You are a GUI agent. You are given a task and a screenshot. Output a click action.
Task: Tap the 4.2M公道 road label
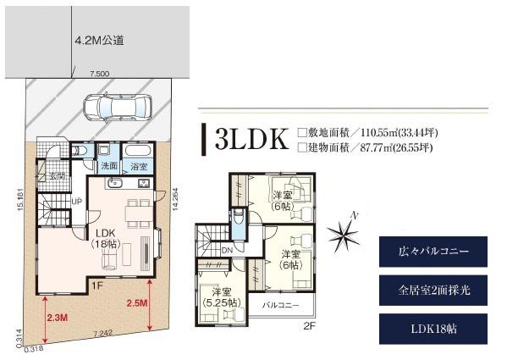pyautogui.click(x=100, y=40)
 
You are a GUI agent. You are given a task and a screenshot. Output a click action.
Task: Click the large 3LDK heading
pyautogui.click(x=251, y=140)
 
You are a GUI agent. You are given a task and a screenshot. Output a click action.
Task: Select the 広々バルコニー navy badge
pyautogui.click(x=433, y=252)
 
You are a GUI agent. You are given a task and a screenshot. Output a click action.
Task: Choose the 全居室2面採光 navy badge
pyautogui.click(x=433, y=290)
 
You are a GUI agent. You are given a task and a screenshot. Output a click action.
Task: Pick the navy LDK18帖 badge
pyautogui.click(x=433, y=328)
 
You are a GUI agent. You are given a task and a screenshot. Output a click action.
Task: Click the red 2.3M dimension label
pyautogui.click(x=57, y=317)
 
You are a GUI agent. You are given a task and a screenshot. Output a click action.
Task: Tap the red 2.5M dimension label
pyautogui.click(x=136, y=302)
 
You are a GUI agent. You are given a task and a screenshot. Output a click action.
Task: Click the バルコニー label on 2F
pyautogui.click(x=279, y=303)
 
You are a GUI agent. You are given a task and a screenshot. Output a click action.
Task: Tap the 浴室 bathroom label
pyautogui.click(x=138, y=166)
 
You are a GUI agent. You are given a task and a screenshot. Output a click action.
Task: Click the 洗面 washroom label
pyautogui.click(x=108, y=166)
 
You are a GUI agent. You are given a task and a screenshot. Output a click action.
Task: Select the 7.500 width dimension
pyautogui.click(x=99, y=75)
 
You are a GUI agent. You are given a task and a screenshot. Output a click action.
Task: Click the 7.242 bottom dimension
pyautogui.click(x=103, y=333)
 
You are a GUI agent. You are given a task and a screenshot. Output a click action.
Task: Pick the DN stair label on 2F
pyautogui.click(x=227, y=250)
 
